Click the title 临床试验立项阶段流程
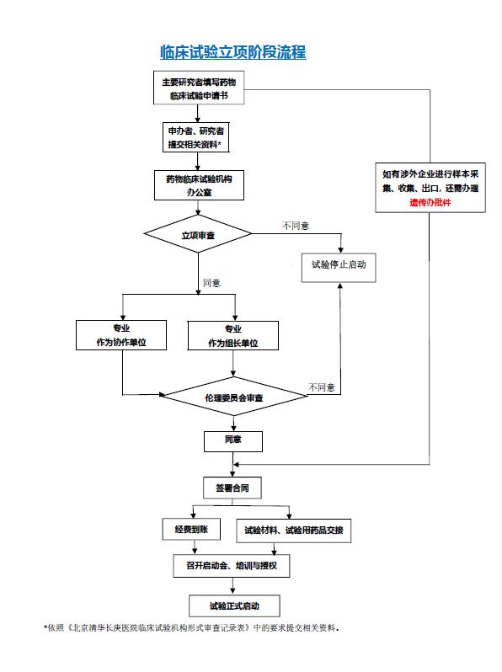pyautogui.click(x=232, y=52)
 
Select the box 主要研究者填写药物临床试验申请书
pyautogui.click(x=199, y=88)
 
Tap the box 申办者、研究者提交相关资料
pyautogui.click(x=196, y=137)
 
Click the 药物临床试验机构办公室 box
pyautogui.click(x=199, y=185)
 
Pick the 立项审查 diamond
pyautogui.click(x=198, y=234)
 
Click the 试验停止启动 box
pyautogui.click(x=339, y=268)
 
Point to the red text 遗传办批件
pyautogui.click(x=430, y=202)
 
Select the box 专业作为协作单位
pyautogui.click(x=121, y=335)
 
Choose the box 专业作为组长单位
pyautogui.click(x=233, y=335)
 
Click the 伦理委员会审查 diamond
pyautogui.click(x=233, y=397)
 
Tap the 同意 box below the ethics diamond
pyautogui.click(x=233, y=441)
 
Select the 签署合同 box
pyautogui.click(x=232, y=488)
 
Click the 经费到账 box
pyautogui.click(x=191, y=530)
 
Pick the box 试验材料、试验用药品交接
pyautogui.click(x=294, y=531)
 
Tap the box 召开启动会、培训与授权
pyautogui.click(x=232, y=566)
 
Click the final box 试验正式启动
pyautogui.click(x=234, y=606)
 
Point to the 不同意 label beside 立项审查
pyautogui.click(x=296, y=226)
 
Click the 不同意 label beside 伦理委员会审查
pyautogui.click(x=322, y=387)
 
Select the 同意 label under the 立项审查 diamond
pyautogui.click(x=211, y=283)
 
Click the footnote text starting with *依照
pyautogui.click(x=191, y=628)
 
